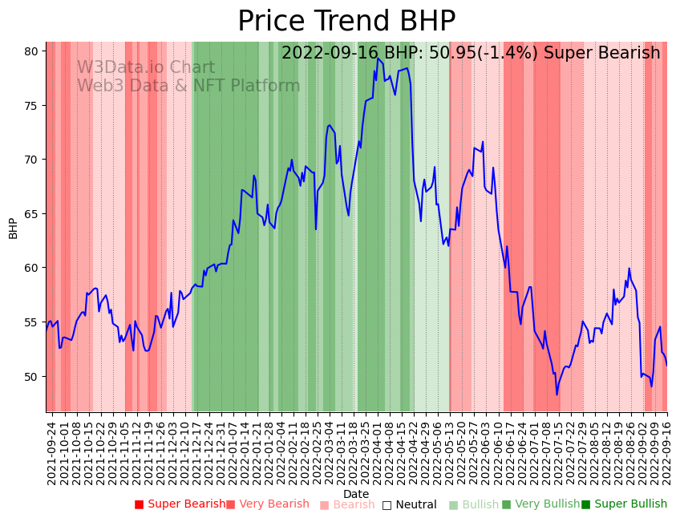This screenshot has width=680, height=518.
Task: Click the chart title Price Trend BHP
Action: pos(346,21)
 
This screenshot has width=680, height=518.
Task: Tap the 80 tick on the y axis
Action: pos(31,51)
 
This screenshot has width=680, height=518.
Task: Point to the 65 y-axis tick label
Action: pos(31,214)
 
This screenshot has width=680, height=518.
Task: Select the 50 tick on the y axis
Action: pos(31,377)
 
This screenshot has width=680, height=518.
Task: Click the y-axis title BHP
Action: pos(13,228)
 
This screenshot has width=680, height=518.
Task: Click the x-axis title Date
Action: pos(356,494)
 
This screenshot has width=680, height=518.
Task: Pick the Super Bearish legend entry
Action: pos(180,504)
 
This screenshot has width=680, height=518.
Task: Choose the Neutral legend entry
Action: pos(410,504)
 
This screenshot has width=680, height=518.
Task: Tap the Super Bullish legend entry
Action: pos(624,504)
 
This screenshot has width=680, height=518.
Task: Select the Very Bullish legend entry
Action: pos(540,504)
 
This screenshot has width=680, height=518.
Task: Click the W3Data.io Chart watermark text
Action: pos(146,68)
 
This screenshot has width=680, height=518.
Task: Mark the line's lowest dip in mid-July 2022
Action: pos(557,394)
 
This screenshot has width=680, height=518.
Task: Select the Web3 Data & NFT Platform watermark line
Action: pos(188,86)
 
